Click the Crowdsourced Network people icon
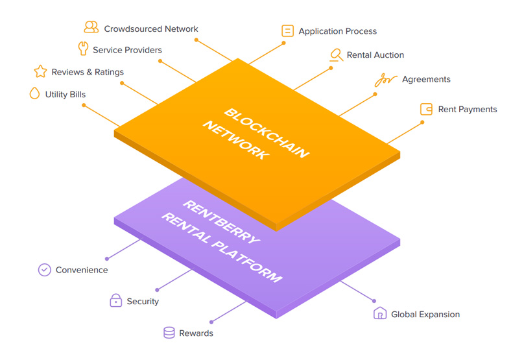(91, 27)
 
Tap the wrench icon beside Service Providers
(83, 48)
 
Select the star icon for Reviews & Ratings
(40, 71)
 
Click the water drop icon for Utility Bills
(34, 93)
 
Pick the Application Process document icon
(287, 30)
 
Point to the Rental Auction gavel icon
(336, 55)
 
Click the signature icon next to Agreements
(386, 80)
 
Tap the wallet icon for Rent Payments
(427, 110)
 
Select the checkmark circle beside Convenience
(45, 270)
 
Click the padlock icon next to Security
(115, 300)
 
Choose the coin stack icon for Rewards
(169, 333)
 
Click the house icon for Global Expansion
(380, 313)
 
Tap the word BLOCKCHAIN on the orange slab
(267, 133)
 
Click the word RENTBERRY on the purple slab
(221, 222)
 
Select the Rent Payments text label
(468, 110)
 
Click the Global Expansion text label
(425, 314)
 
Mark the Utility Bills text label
(65, 94)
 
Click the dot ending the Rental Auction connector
(331, 68)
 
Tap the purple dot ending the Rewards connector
(211, 322)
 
